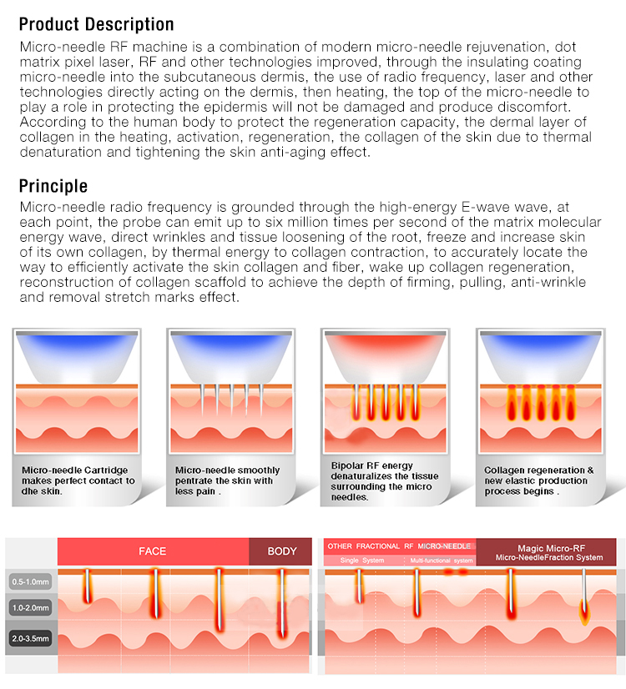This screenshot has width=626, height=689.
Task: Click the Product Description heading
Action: [x=96, y=24]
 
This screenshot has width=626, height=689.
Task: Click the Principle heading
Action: [x=53, y=186]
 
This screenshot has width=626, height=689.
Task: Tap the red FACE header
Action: [x=153, y=551]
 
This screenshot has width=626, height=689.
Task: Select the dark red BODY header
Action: [x=281, y=551]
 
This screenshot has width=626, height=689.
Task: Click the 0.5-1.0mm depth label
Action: [x=30, y=581]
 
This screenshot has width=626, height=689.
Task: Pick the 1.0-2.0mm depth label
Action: [x=30, y=608]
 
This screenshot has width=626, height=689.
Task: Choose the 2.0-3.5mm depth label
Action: [x=30, y=638]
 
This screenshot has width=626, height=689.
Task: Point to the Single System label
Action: [x=361, y=561]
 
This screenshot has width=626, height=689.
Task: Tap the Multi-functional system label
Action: [x=442, y=561]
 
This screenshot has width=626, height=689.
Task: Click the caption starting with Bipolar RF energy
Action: [x=384, y=481]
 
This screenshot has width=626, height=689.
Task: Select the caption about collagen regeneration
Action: [x=538, y=480]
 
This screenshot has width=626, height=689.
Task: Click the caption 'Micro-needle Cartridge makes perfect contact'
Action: [x=78, y=480]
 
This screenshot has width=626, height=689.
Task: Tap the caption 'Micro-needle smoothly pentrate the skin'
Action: [x=227, y=480]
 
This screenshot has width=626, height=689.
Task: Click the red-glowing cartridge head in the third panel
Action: [x=385, y=357]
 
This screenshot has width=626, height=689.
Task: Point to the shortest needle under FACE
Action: [x=87, y=586]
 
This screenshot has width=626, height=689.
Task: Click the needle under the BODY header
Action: [x=282, y=603]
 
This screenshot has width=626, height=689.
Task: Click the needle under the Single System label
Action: [x=360, y=586]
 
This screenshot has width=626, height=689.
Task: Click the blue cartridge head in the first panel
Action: [x=77, y=357]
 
